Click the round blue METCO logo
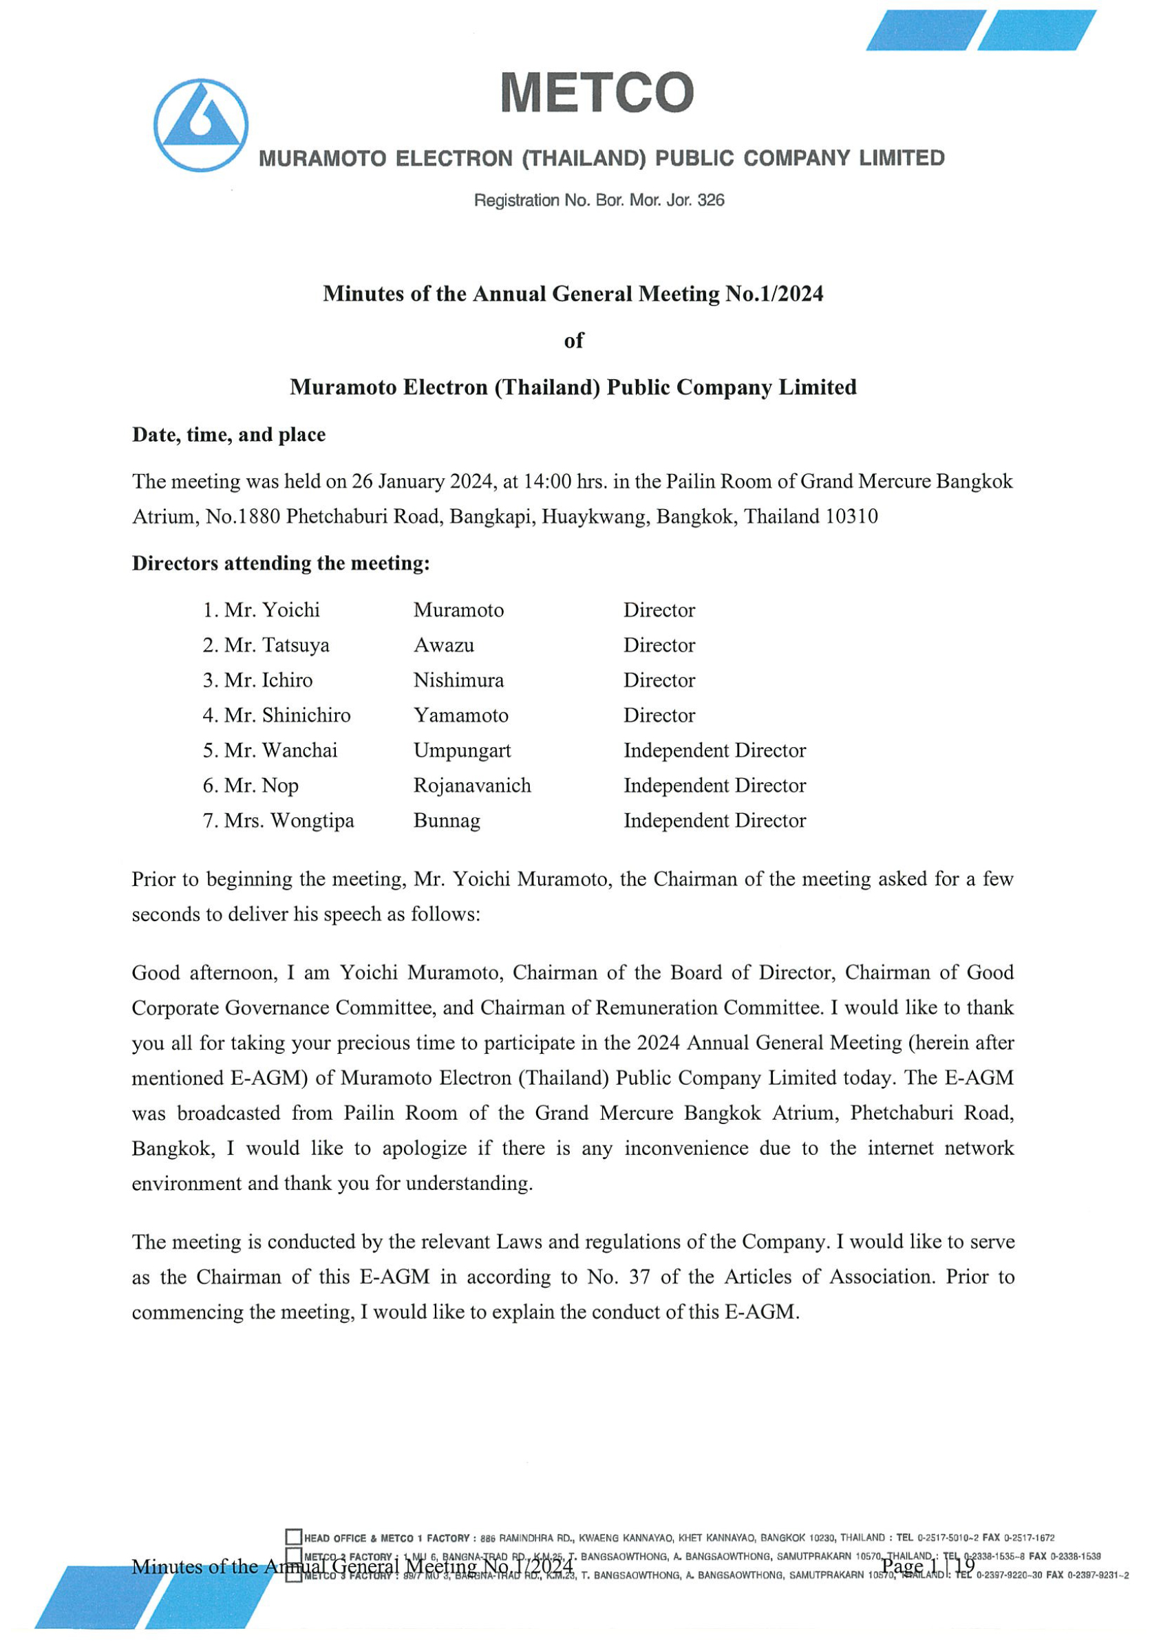[201, 125]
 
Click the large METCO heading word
[597, 92]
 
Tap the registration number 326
[710, 200]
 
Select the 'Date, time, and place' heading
[229, 435]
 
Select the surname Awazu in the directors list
[443, 645]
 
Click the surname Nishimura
[458, 680]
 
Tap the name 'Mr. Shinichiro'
[287, 715]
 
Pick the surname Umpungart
[462, 750]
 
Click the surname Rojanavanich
[472, 786]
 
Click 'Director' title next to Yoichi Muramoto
[659, 610]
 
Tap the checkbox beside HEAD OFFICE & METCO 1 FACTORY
[293, 1537]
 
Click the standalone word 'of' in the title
[574, 341]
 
